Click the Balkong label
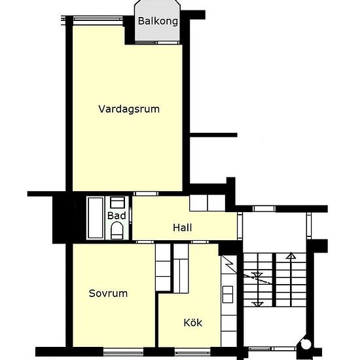[158, 21]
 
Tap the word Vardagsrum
[129, 109]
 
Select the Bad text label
[117, 215]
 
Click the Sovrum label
[108, 293]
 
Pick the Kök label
[192, 322]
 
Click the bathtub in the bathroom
[95, 217]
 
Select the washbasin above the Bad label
[117, 202]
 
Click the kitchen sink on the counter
[228, 294]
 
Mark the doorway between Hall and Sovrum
[146, 242]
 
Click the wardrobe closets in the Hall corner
[208, 204]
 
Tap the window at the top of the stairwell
[264, 208]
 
